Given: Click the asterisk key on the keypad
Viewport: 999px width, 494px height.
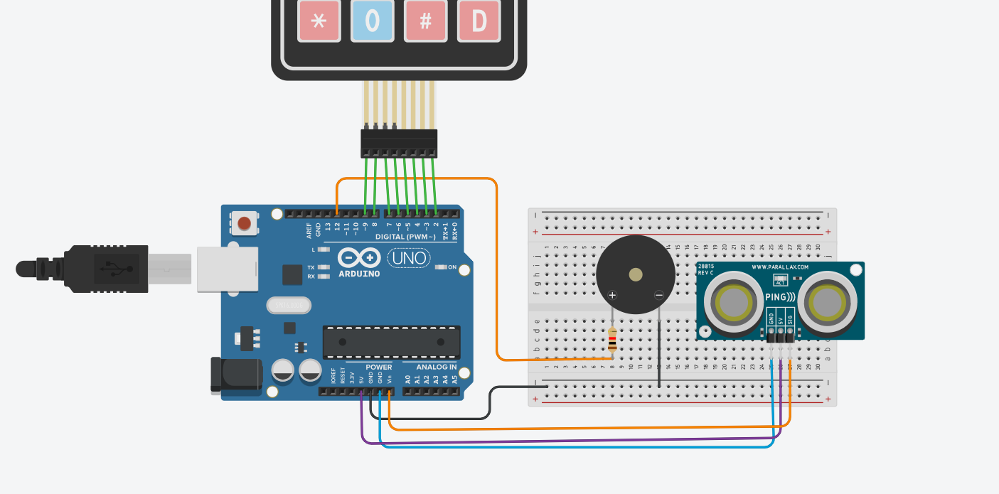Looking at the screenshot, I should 319,21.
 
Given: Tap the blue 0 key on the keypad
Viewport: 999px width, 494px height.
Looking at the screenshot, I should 372,21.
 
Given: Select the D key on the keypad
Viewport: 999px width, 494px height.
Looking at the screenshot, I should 479,21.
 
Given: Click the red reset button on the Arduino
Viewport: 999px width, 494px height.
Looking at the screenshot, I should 245,223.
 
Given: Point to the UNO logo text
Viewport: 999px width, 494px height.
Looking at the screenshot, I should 408,257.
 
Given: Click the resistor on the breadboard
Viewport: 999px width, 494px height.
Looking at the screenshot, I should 613,340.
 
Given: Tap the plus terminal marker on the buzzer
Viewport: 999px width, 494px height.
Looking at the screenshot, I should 612,295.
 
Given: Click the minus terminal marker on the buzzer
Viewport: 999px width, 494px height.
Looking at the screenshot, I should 659,295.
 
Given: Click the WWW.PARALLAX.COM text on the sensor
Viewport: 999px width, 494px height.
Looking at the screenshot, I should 780,267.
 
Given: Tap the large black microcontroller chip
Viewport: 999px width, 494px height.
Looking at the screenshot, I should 391,342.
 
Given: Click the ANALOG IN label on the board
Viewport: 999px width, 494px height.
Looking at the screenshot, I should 437,367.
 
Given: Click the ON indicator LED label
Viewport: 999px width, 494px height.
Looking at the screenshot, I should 452,267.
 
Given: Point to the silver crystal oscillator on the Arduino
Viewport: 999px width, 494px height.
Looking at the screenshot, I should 289,306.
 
